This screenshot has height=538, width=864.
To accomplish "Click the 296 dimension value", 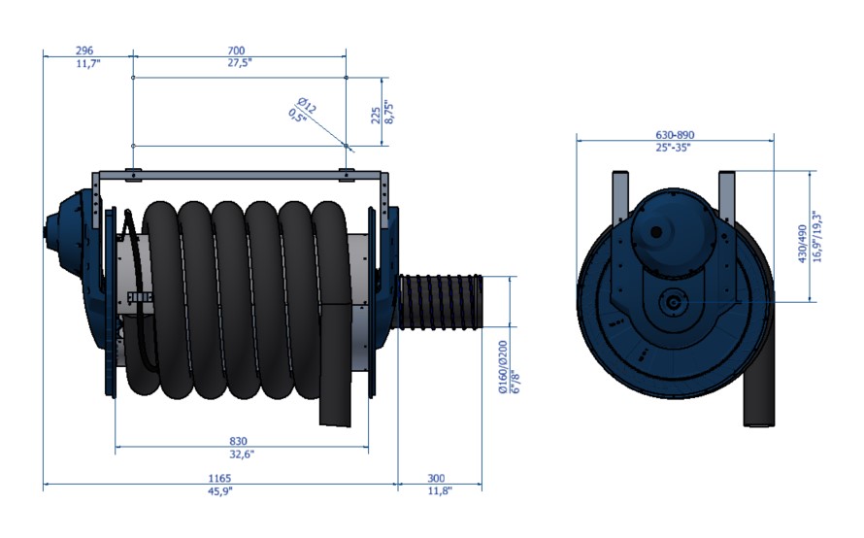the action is (84, 50).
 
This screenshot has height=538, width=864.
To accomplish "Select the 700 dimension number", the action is (236, 50).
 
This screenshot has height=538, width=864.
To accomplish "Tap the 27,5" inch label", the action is (239, 63).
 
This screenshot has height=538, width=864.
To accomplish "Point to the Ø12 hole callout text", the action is (307, 105).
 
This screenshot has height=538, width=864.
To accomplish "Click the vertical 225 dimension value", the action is (376, 116).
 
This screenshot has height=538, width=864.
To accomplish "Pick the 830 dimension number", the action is (238, 441).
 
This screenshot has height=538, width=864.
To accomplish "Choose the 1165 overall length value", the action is (219, 478).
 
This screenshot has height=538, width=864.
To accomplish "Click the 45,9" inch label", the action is (220, 490).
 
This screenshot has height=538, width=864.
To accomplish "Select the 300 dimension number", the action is (436, 478).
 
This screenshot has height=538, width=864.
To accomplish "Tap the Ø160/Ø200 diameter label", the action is (503, 366).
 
